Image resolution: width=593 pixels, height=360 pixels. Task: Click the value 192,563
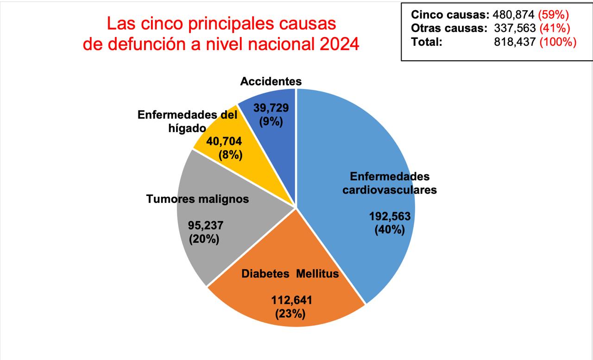(x=390, y=216)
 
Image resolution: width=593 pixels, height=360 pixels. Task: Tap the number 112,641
(x=291, y=300)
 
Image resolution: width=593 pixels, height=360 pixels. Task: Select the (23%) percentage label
(x=290, y=314)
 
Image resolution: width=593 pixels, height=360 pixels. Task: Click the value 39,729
(x=271, y=108)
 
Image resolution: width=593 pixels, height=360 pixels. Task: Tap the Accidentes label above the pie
(x=271, y=82)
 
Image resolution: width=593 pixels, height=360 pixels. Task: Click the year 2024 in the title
(x=338, y=45)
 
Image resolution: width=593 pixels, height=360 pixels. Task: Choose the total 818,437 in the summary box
(x=515, y=42)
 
